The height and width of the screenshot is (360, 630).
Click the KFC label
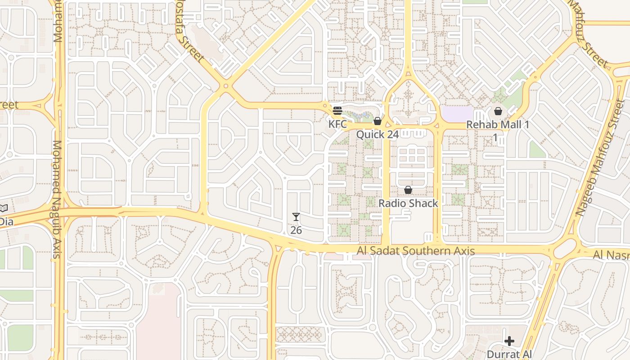(337, 124)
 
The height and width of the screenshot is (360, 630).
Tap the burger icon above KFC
(337, 111)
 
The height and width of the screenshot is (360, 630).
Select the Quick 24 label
(378, 134)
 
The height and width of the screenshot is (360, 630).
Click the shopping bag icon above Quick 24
(378, 121)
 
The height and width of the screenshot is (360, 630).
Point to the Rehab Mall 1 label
(497, 125)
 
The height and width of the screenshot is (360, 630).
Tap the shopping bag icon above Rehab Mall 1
(498, 111)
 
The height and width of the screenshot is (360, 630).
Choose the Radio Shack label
(408, 203)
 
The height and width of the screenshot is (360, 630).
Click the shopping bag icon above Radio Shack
(408, 190)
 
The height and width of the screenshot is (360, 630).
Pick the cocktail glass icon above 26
(296, 217)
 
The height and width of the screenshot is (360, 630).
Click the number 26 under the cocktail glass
(296, 230)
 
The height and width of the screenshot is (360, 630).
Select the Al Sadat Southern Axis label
(416, 251)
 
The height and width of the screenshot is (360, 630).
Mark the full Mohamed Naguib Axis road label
(57, 199)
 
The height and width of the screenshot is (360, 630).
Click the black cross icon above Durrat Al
(509, 341)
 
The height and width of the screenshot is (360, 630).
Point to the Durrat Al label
(509, 354)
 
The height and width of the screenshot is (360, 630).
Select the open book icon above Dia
(3, 208)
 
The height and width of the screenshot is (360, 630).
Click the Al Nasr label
(611, 255)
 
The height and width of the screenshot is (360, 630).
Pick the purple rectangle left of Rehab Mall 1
(458, 113)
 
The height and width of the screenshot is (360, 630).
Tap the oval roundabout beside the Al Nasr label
(565, 248)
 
